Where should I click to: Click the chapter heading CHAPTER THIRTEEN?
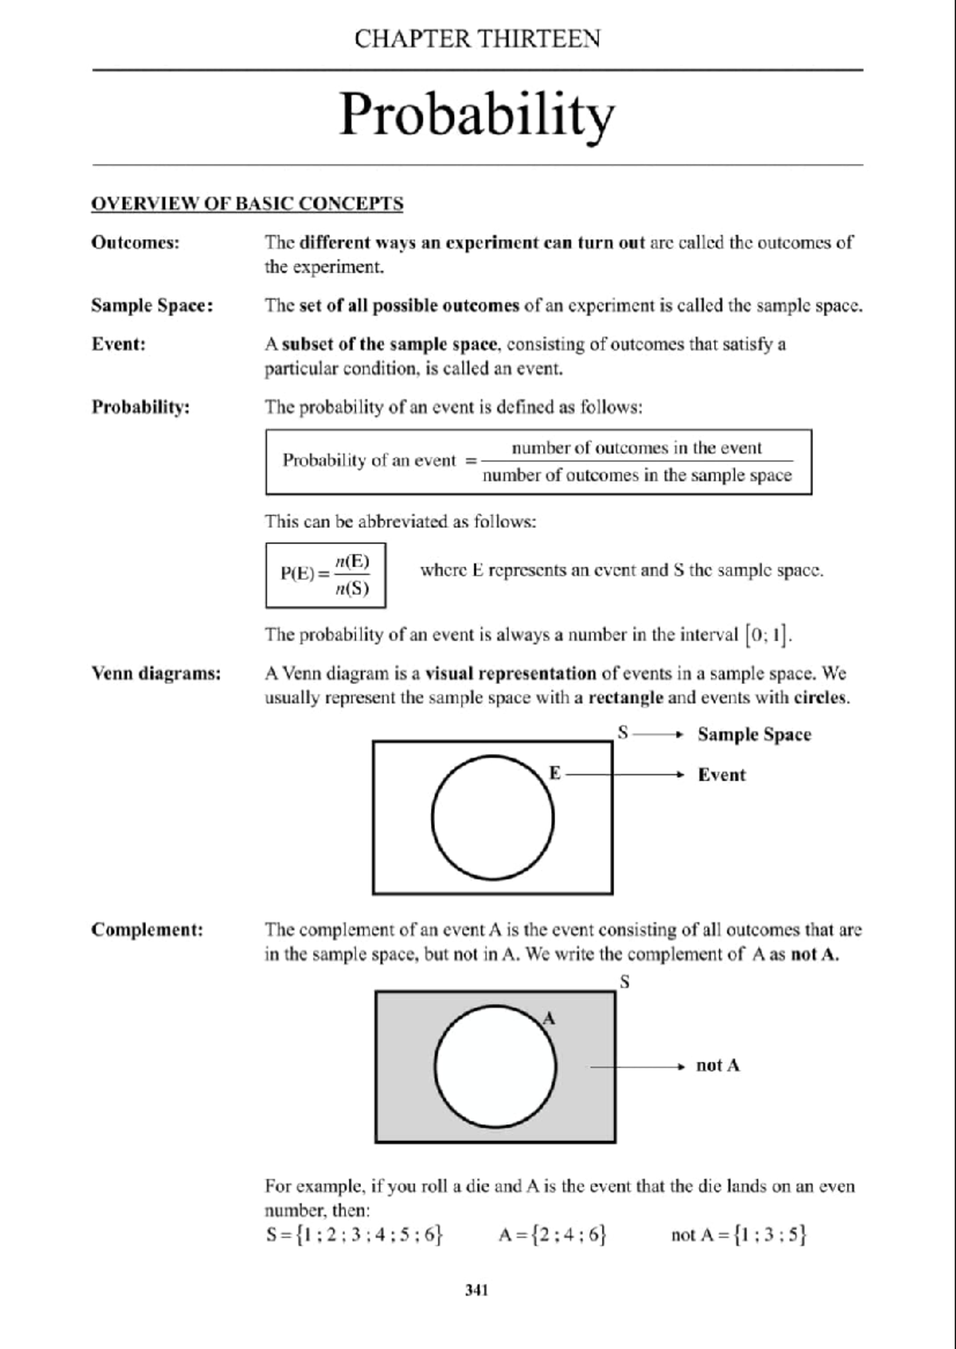[477, 38]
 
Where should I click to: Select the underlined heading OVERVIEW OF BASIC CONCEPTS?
[247, 204]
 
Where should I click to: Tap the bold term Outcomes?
[135, 242]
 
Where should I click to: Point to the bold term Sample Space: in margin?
[152, 306]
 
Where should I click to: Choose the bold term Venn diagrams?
[156, 674]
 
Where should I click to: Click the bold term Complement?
[147, 930]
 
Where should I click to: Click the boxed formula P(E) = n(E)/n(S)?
[325, 575]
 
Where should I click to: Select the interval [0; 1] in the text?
[767, 635]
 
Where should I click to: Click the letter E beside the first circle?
[555, 773]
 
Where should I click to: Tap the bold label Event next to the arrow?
[722, 775]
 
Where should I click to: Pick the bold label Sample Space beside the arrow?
[754, 734]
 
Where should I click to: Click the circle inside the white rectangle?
[493, 818]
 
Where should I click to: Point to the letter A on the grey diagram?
[549, 1018]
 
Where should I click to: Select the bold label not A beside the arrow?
[717, 1066]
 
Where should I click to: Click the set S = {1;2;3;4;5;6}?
[354, 1235]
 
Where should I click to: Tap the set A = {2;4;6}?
[553, 1235]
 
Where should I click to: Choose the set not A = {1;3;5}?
[739, 1235]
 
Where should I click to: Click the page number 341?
[476, 1290]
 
